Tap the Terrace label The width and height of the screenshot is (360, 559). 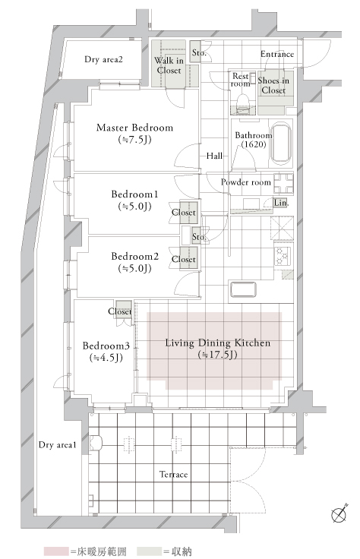pyautogui.click(x=174, y=475)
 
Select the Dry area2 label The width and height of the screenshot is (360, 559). pyautogui.click(x=103, y=59)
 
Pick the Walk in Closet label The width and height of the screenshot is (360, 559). pyautogui.click(x=169, y=65)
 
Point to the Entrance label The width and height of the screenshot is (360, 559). pyautogui.click(x=277, y=54)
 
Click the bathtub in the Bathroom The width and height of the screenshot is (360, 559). pyautogui.click(x=280, y=143)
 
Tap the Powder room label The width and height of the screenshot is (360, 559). pyautogui.click(x=245, y=182)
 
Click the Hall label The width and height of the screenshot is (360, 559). pyautogui.click(x=213, y=155)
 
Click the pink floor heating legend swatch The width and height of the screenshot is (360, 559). pyautogui.click(x=55, y=550)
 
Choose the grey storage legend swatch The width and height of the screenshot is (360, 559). pyautogui.click(x=151, y=550)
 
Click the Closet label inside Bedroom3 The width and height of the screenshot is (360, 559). pyautogui.click(x=120, y=311)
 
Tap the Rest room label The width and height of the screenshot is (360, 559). pyautogui.click(x=241, y=80)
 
